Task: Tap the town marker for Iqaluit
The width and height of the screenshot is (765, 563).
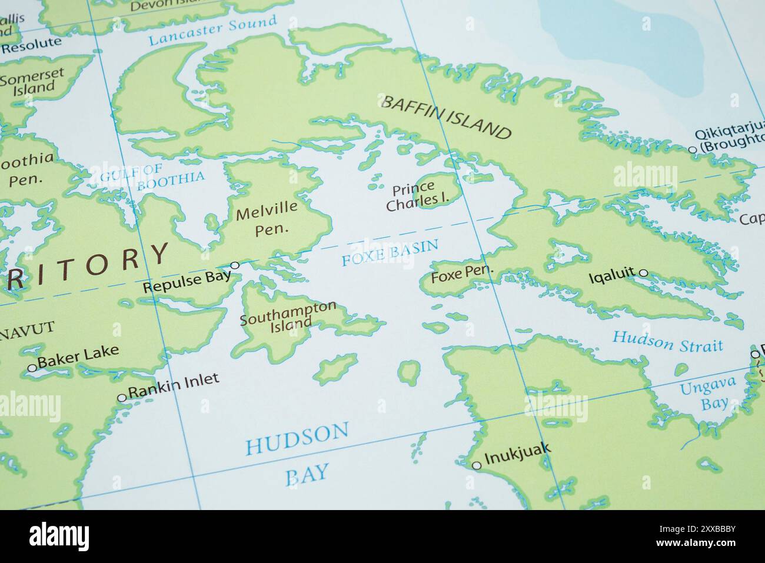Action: tap(643, 273)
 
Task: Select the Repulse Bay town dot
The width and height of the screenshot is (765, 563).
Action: tap(235, 265)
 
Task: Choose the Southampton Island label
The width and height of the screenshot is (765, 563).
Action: tap(288, 315)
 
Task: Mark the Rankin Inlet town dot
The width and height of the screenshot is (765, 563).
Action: tap(122, 398)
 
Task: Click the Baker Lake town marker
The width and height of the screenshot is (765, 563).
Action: tap(32, 368)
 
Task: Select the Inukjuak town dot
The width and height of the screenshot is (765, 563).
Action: tap(477, 465)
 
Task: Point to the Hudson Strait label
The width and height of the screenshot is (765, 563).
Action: tap(667, 341)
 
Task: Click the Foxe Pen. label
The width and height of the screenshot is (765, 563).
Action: tap(462, 274)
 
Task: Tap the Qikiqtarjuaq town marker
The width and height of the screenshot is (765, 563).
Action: tap(693, 150)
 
